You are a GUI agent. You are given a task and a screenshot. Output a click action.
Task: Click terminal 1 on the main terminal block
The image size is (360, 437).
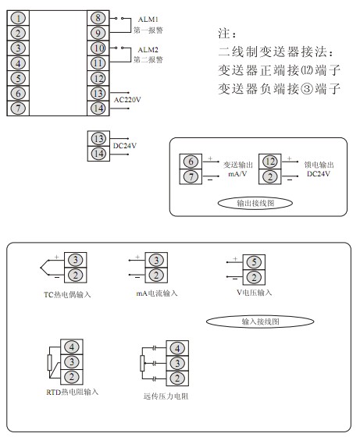click(x=18, y=18)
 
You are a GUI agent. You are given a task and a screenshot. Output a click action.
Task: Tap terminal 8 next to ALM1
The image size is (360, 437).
click(x=98, y=18)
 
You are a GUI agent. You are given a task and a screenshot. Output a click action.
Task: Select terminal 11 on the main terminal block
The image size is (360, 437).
click(x=98, y=63)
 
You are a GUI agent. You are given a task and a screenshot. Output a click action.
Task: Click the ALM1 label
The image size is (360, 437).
click(x=148, y=20)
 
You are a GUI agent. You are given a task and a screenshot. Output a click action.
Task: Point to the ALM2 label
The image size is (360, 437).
click(x=148, y=50)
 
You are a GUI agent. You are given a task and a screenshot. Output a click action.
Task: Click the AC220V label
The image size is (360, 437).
click(x=127, y=100)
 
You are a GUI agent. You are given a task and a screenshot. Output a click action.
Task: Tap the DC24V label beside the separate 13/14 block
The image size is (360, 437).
click(x=125, y=146)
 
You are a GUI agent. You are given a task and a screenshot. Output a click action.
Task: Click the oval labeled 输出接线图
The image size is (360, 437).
click(x=255, y=203)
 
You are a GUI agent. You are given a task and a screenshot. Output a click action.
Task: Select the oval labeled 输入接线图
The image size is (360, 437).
click(x=260, y=322)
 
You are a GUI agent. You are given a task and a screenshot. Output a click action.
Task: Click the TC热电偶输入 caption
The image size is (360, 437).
click(x=67, y=295)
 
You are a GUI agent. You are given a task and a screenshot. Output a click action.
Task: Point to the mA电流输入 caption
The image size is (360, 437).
click(x=157, y=293)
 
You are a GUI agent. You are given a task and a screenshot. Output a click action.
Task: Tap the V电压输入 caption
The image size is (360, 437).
click(x=254, y=293)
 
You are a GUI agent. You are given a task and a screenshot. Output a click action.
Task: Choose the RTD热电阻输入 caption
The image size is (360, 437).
click(x=72, y=392)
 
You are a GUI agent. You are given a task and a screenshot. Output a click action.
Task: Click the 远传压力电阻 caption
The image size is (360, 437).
click(x=166, y=396)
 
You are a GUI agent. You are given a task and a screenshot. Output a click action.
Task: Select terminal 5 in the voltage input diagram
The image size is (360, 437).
click(x=254, y=262)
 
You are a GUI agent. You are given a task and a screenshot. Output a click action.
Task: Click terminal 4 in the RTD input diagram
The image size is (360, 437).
click(x=72, y=347)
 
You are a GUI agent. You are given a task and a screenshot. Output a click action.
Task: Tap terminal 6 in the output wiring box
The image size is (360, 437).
click(x=191, y=162)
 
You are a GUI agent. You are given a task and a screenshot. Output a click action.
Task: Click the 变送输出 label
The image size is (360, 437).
click(x=238, y=165)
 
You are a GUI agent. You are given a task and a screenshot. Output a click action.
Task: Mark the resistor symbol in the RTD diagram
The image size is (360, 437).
click(x=50, y=363)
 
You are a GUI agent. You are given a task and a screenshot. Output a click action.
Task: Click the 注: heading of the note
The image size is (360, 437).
click(x=227, y=34)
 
